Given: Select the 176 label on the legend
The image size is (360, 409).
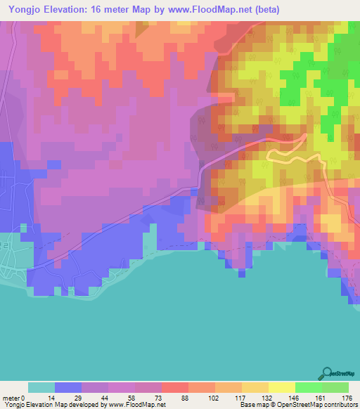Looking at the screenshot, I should [347, 398].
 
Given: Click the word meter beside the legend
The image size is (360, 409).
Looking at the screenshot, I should [11, 398].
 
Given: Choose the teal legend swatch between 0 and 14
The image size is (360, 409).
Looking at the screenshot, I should [41, 388].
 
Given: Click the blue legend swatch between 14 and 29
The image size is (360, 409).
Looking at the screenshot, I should [68, 388].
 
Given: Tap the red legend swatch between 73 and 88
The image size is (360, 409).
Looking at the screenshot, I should [175, 388].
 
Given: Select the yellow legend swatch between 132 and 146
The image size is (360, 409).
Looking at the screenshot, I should [281, 388].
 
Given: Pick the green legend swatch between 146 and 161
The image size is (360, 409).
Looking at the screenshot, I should [308, 388].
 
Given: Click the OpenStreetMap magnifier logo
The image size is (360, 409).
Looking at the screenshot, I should [328, 372].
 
